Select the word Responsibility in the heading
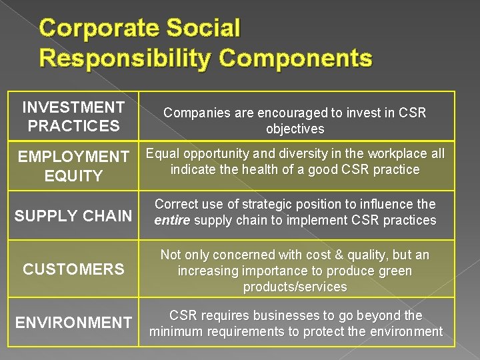pos(125,58)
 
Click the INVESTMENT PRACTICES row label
pos(73,117)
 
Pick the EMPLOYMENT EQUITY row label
pos(73,167)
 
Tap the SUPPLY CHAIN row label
pos(73,216)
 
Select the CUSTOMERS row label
pos(73,269)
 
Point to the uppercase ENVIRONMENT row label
pos(73,323)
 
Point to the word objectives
pos(295,129)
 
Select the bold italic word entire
pos(173,221)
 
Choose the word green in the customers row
pos(395,271)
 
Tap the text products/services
pos(295,287)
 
